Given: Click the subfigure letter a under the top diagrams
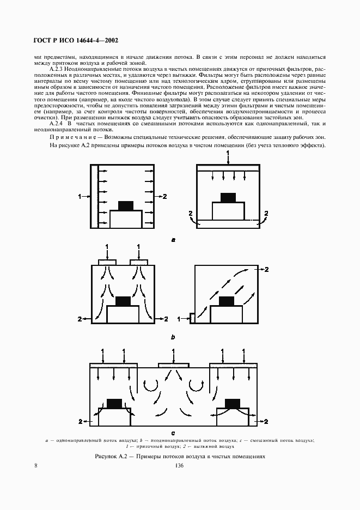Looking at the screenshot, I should click(173, 239).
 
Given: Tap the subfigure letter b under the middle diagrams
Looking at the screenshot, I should click(173, 338).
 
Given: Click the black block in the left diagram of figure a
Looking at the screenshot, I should click(126, 205).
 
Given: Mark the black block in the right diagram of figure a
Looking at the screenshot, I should click(228, 197).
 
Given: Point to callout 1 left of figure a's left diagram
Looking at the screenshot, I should click(80, 195).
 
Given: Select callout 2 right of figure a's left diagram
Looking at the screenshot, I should click(165, 195).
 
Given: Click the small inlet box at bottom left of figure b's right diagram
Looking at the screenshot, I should click(192, 318).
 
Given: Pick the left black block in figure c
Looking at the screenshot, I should click(114, 403).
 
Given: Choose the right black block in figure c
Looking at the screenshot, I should click(233, 403).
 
